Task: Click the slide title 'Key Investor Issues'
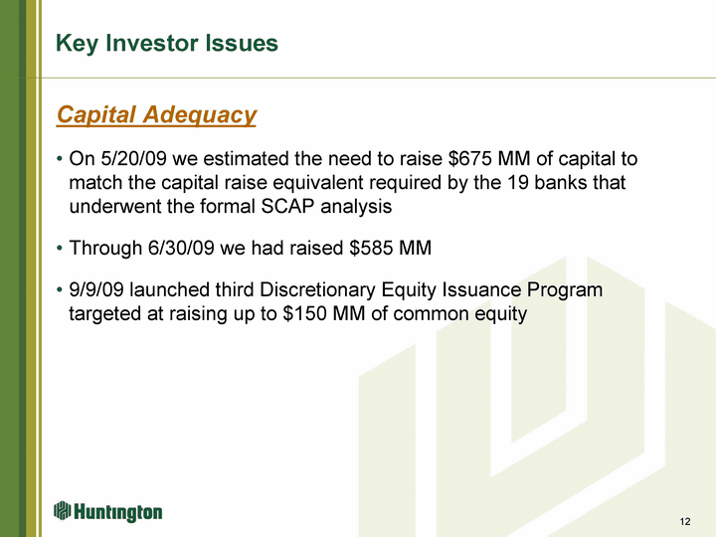click(167, 44)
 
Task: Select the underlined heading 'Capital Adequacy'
click(156, 114)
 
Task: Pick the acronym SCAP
click(287, 207)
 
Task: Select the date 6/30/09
click(181, 248)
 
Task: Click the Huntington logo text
click(117, 512)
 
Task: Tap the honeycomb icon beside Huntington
click(62, 510)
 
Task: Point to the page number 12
click(685, 521)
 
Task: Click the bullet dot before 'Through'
click(60, 249)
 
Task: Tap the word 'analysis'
click(356, 207)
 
